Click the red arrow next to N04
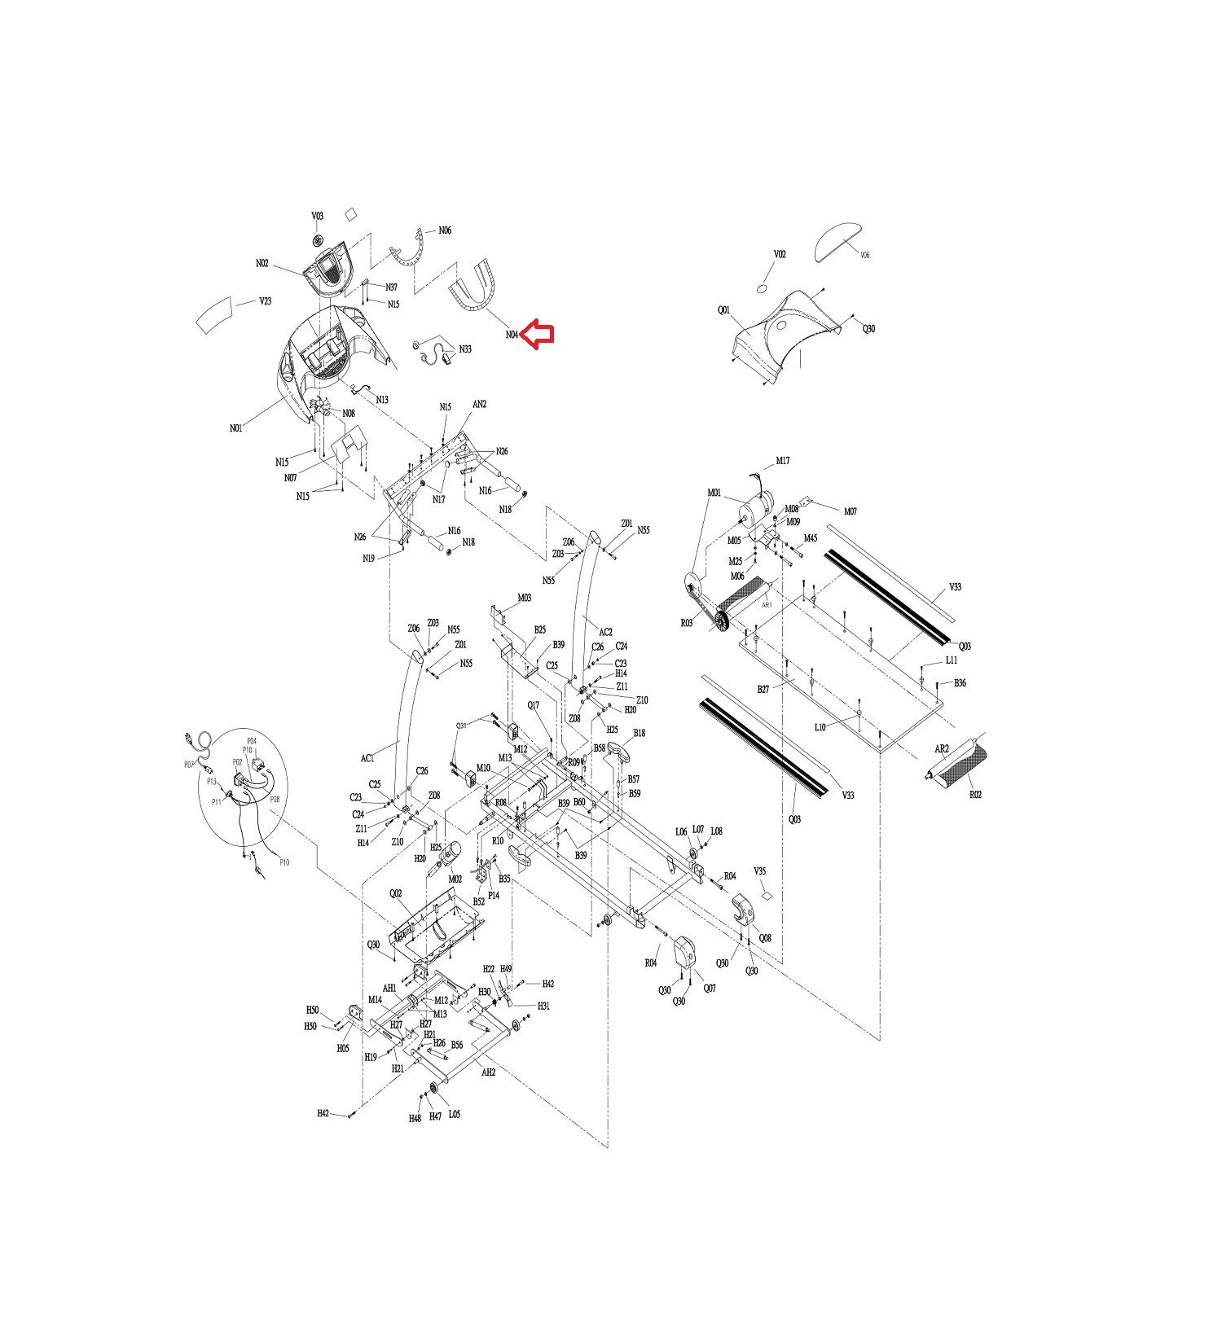[x=538, y=334]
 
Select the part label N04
[x=512, y=334]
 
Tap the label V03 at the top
[x=317, y=217]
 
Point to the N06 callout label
[x=445, y=230]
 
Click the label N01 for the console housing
[x=235, y=428]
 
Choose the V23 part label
[x=266, y=301]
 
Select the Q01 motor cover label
[x=723, y=310]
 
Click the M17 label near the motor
[x=782, y=461]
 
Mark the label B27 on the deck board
[x=763, y=689]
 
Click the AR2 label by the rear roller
[x=941, y=749]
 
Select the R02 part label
[x=975, y=795]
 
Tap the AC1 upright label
[x=367, y=758]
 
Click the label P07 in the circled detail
[x=188, y=764]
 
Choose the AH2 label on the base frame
[x=488, y=1072]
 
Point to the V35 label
[x=759, y=871]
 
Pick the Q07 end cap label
[x=710, y=989]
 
